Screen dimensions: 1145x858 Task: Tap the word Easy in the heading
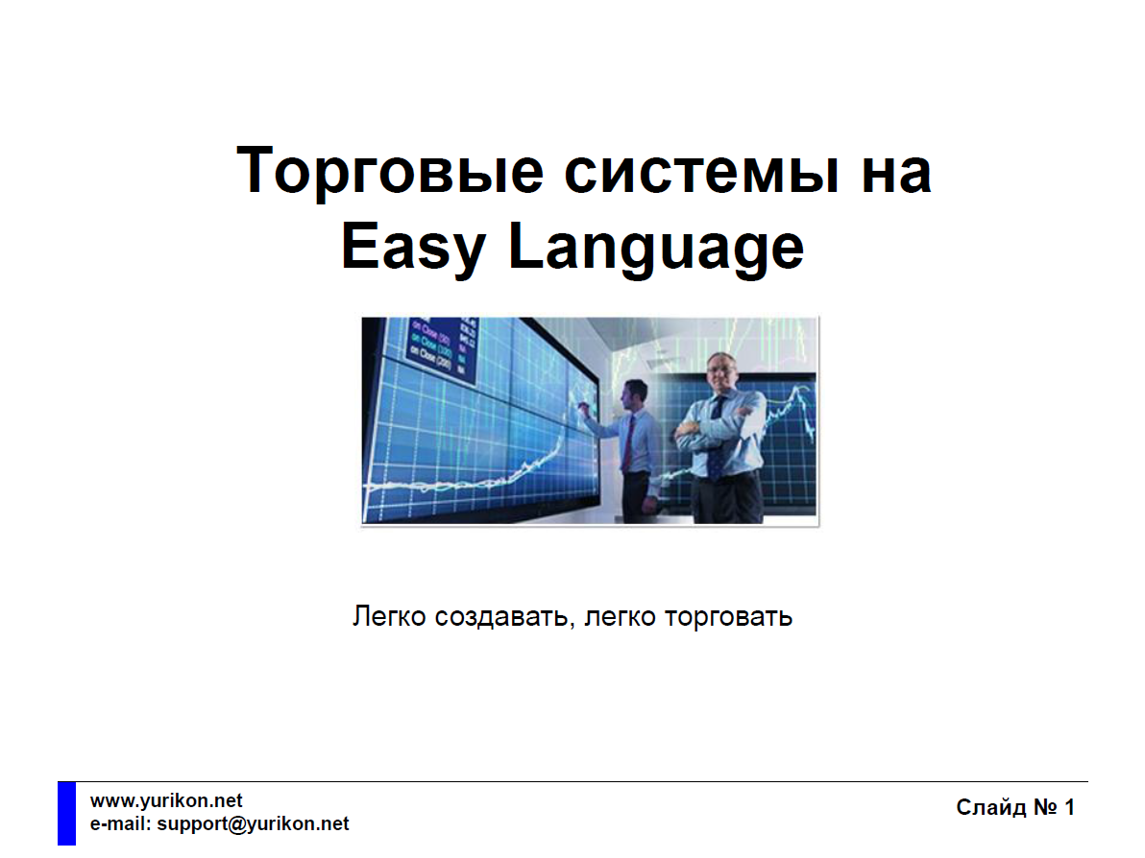tap(413, 248)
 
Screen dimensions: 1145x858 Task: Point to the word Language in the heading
tap(656, 248)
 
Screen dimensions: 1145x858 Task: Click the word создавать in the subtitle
tap(501, 617)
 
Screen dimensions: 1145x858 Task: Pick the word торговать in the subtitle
tap(728, 617)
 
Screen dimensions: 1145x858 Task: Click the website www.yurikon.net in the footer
tap(166, 801)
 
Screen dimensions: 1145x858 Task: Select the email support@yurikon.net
tap(253, 823)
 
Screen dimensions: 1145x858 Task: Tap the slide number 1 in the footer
tap(1069, 808)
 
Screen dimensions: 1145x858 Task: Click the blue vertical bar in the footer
tap(66, 814)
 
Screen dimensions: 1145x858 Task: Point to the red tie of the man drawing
tap(628, 441)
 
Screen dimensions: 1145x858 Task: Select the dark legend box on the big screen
tap(443, 348)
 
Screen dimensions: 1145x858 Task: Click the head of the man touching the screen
tap(634, 394)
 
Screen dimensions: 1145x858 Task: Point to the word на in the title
tap(896, 174)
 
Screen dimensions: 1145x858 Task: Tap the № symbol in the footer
tap(1045, 808)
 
